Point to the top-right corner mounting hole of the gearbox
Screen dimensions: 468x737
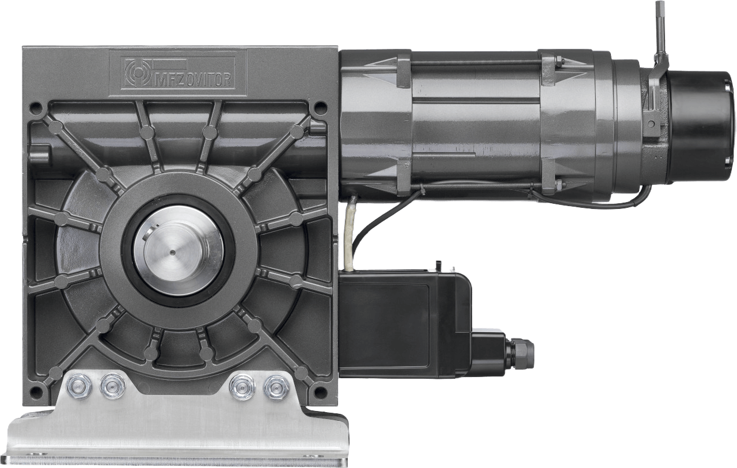click(x=321, y=107)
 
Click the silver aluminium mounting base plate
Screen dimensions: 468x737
click(x=184, y=437)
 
